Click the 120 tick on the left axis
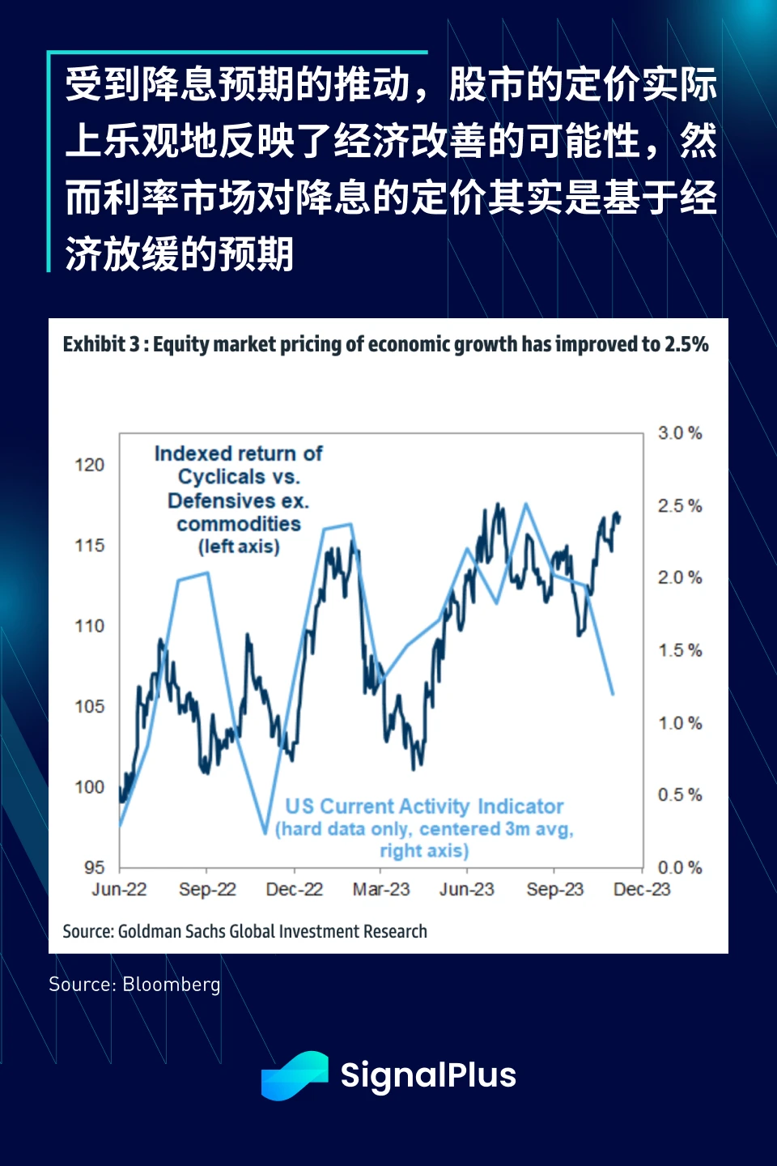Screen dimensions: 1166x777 click(89, 465)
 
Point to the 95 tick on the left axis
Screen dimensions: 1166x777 click(94, 867)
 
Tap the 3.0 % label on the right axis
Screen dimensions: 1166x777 click(679, 433)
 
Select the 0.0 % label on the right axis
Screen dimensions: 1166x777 click(679, 868)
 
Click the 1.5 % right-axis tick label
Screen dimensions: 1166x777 click(679, 650)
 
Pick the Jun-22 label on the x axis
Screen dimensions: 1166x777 click(119, 889)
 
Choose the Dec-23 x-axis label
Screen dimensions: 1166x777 click(642, 889)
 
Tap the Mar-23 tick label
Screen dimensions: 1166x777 click(381, 889)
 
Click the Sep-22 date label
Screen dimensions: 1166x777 click(207, 889)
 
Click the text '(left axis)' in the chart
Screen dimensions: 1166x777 click(239, 547)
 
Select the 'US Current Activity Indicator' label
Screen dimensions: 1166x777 click(424, 806)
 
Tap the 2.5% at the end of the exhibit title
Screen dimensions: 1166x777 click(686, 344)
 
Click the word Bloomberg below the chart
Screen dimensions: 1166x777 click(172, 984)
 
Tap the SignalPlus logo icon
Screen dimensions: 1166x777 click(295, 1075)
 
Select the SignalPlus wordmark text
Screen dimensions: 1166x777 click(428, 1075)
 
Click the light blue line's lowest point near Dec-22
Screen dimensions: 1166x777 click(265, 832)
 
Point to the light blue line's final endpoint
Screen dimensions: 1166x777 click(613, 694)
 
